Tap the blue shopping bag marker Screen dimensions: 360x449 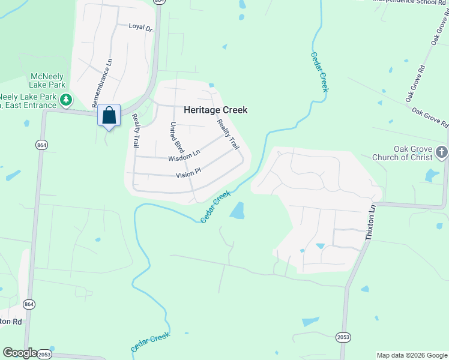click(109, 115)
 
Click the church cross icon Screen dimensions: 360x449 click(442, 152)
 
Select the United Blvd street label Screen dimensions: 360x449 click(176, 138)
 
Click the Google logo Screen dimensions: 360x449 click(20, 353)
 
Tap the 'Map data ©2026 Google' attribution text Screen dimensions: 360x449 click(411, 355)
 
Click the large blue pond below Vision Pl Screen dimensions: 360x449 click(238, 211)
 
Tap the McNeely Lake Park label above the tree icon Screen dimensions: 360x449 click(48, 81)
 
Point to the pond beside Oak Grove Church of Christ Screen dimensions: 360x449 click(432, 175)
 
